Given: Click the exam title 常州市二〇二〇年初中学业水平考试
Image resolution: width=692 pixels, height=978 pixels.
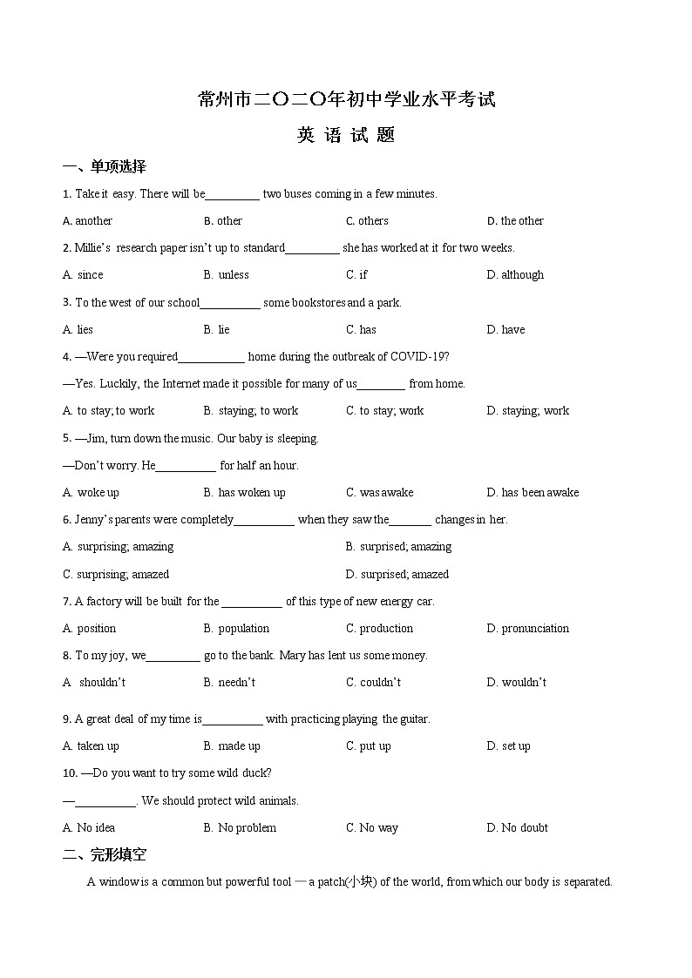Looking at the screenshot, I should [346, 99].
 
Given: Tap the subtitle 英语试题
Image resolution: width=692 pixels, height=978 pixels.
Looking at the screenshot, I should [346, 135].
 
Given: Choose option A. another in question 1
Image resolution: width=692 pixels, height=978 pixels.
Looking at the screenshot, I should [88, 221].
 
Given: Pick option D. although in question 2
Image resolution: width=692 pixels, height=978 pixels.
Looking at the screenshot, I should [515, 275].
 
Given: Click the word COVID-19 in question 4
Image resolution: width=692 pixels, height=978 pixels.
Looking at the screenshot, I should [419, 357].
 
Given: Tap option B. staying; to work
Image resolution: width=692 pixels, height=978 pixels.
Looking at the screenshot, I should [251, 411].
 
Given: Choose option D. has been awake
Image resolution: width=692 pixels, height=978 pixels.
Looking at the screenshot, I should [533, 493].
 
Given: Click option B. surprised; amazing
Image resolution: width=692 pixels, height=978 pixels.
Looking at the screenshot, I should [398, 547].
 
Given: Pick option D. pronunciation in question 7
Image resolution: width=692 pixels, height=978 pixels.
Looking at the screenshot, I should [527, 629].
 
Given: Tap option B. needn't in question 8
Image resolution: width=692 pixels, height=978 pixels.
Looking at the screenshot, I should [229, 683].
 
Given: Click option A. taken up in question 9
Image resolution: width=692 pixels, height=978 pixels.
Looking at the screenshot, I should [91, 746].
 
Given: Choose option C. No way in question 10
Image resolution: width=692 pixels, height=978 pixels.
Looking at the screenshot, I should [372, 828].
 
